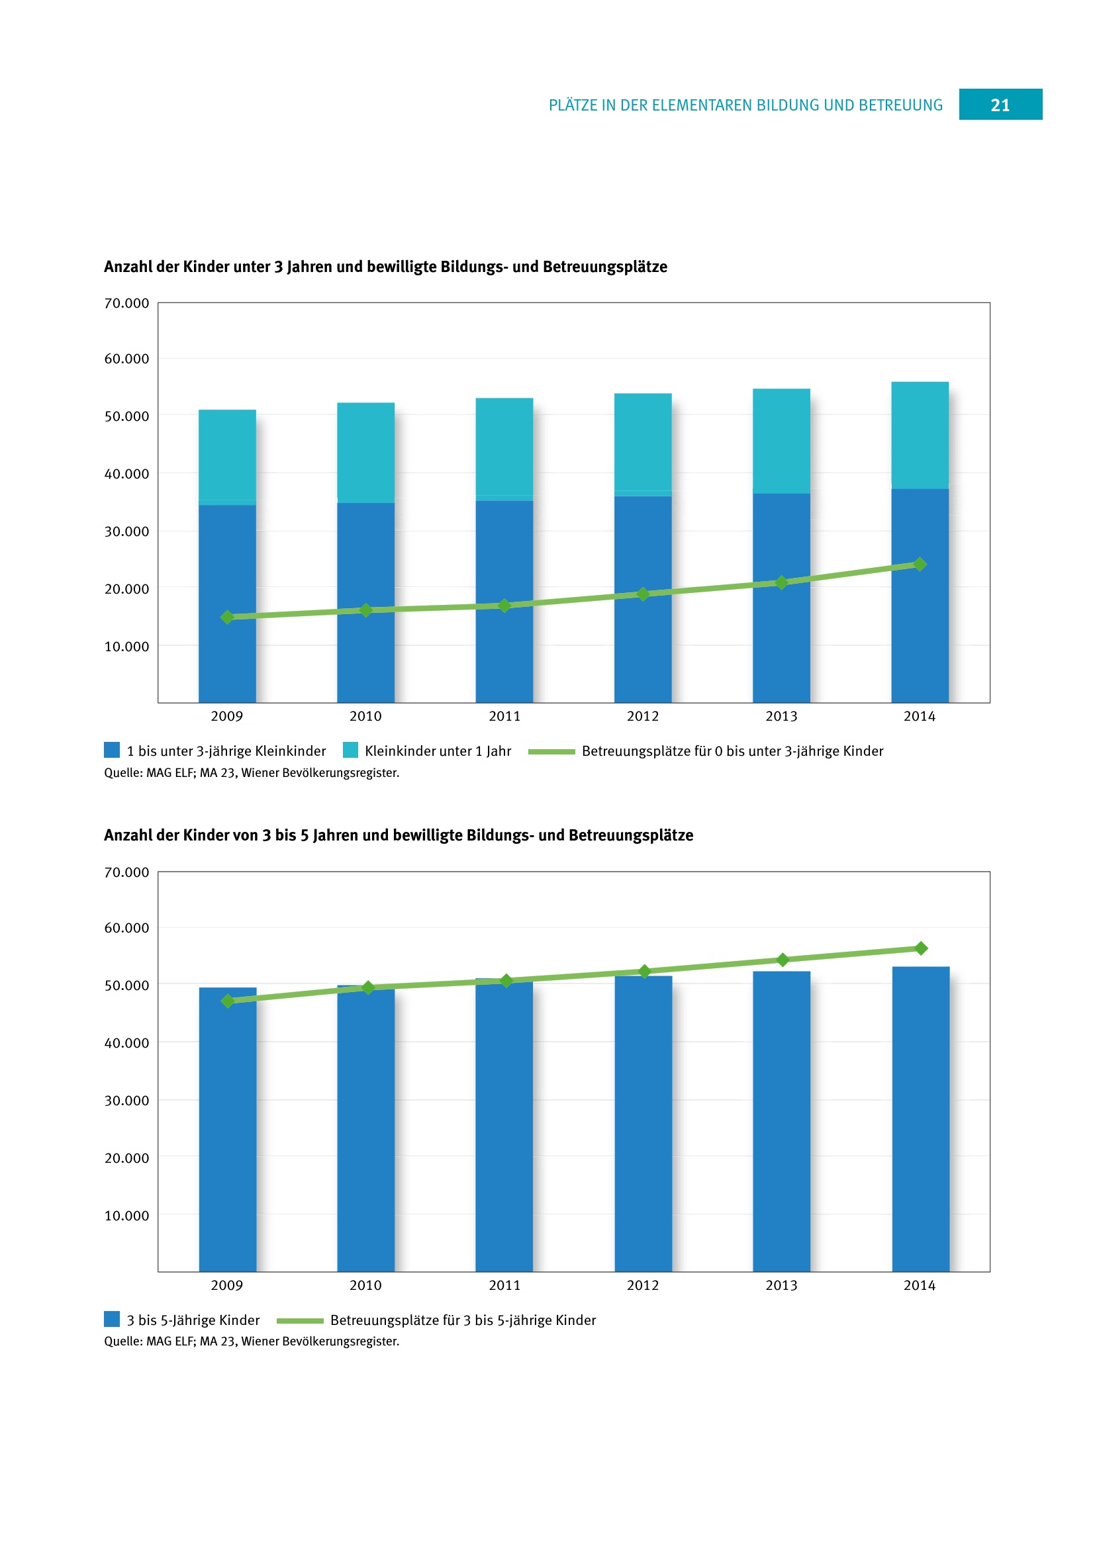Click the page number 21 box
[1000, 105]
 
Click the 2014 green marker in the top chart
[920, 564]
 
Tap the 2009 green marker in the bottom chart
[228, 1001]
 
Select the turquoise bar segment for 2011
[504, 447]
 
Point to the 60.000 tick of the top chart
[126, 359]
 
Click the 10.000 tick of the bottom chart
[126, 1216]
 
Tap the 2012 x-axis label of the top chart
[643, 716]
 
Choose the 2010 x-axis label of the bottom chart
[365, 1285]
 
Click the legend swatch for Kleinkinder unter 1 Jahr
[351, 750]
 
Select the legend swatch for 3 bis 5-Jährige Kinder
[112, 1319]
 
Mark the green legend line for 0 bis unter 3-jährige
[551, 751]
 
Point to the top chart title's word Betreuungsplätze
[605, 267]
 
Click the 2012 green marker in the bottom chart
[645, 971]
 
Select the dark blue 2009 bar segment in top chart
[227, 604]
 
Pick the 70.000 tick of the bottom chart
[126, 872]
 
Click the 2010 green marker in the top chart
[366, 610]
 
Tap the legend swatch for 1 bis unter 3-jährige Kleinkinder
[112, 750]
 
